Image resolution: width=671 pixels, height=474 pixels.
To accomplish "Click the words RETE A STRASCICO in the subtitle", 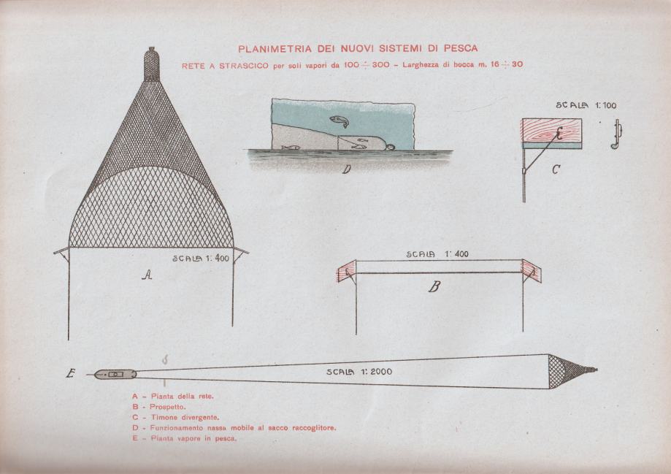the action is point(225,66).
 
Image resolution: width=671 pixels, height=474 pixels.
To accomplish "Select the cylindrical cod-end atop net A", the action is point(151,64).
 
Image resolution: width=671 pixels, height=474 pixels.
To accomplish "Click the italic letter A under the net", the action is point(147,275).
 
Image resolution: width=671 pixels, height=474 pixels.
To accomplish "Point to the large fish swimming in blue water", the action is point(340,121).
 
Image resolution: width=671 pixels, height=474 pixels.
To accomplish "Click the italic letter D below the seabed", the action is point(347,169).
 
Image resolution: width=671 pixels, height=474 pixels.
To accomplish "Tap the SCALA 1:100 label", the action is point(586,105).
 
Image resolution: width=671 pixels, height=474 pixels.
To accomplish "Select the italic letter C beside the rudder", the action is point(556,170).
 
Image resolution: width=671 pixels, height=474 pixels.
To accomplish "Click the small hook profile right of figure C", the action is point(616,134).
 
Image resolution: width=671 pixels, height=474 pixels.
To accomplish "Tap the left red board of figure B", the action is point(347,271).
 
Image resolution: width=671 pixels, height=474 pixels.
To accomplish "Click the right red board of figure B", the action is point(532,271).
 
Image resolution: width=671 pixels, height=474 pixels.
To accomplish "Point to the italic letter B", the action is point(434,286).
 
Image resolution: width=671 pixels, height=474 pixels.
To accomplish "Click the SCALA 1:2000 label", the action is point(359,372).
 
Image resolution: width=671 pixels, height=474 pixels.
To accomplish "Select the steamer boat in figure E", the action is point(115,374).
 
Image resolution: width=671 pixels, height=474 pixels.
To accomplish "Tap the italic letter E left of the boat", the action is point(71,374).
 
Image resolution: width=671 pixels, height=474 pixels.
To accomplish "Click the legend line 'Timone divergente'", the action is point(176,417).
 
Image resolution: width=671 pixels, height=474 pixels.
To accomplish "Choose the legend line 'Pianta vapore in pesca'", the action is point(185,438).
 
